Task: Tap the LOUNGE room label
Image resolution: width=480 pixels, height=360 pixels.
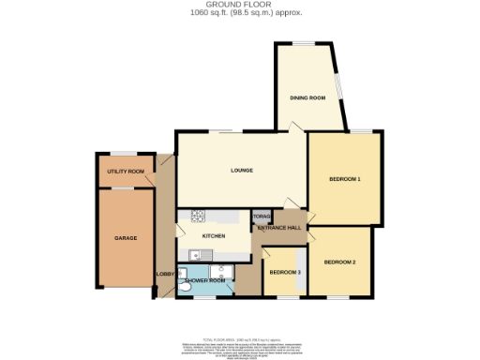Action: [x=244, y=171]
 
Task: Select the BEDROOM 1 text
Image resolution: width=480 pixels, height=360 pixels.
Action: [x=345, y=178]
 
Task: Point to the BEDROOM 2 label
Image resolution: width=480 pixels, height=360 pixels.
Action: [x=339, y=262]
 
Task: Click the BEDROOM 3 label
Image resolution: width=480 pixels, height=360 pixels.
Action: [x=284, y=272]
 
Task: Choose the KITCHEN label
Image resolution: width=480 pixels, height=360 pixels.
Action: [x=213, y=236]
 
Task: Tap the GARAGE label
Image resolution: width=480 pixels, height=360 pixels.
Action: [x=127, y=238]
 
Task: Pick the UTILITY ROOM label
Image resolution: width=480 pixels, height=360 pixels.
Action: [x=126, y=172]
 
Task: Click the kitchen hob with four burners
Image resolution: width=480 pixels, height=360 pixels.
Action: [x=198, y=217]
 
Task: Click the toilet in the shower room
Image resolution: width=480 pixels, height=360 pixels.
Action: [x=184, y=291]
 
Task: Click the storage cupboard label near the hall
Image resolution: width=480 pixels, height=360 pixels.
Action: [x=261, y=217]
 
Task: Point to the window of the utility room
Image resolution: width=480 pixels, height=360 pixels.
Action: [x=126, y=153]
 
